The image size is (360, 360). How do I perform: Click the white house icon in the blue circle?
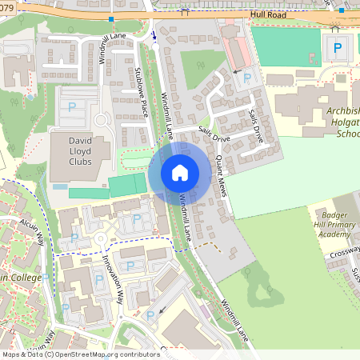tap(180, 172)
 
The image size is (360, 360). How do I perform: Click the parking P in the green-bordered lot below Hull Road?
tap(337, 48)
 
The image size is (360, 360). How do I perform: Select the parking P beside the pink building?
tap(247, 78)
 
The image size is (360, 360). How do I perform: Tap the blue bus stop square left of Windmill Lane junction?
tap(111, 18)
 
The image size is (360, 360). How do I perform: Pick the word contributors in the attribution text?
tap(138, 354)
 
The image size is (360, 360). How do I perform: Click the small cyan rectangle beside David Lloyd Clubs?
tap(59, 186)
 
